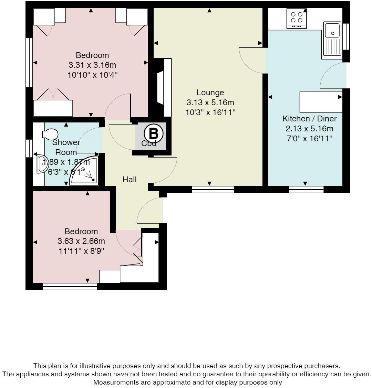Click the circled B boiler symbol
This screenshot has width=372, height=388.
tap(153, 133)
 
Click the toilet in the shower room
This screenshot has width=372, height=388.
tap(50, 134)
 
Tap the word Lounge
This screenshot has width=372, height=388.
tap(210, 93)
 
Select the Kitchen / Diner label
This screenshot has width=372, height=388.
tap(309, 119)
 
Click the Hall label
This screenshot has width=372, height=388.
tap(130, 180)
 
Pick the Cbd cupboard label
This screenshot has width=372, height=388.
tap(149, 144)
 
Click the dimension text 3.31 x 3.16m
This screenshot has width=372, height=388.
tap(92, 65)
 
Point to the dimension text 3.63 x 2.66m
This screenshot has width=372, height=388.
tap(81, 241)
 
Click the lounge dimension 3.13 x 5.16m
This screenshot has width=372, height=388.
tap(210, 102)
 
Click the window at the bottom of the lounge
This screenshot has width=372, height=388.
tap(213, 189)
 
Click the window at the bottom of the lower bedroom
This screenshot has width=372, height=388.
tap(70, 286)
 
